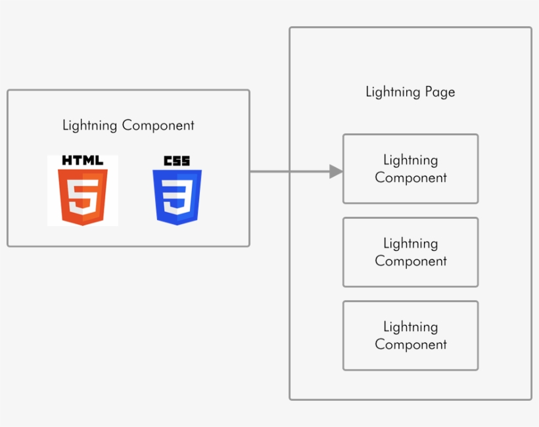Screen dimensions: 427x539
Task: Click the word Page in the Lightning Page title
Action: [440, 92]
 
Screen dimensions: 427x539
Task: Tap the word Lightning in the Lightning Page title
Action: [393, 92]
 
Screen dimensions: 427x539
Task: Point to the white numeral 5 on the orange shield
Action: [83, 196]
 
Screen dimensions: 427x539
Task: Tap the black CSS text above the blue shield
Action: [177, 161]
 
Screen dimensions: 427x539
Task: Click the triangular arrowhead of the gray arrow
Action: [335, 172]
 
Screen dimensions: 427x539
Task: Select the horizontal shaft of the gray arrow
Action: [289, 172]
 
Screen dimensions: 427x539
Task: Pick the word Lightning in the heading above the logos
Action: [90, 125]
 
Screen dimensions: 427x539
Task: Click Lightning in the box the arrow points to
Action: [410, 160]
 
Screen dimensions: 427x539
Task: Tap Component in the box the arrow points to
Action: [410, 178]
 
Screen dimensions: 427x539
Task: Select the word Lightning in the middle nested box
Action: [410, 244]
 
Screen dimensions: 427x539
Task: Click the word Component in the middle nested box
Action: [410, 261]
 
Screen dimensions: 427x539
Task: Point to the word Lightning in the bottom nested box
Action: [410, 327]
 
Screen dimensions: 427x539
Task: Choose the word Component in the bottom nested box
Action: [410, 345]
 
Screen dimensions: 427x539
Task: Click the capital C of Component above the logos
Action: [127, 125]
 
